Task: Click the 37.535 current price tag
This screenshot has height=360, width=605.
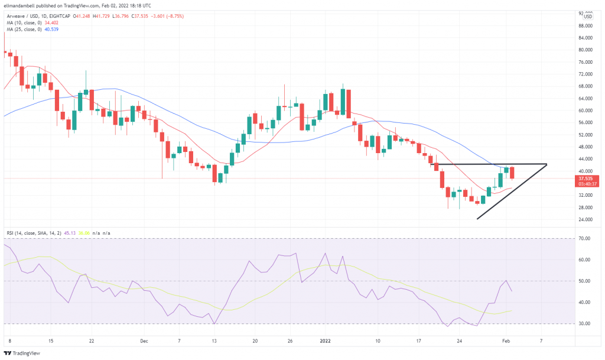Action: pos(585,178)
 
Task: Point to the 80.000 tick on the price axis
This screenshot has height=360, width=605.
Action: pos(585,50)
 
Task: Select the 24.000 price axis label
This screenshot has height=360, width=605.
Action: pos(585,219)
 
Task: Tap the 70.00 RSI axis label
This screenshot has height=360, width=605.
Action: pos(585,238)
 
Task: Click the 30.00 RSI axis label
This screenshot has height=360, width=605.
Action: pos(585,324)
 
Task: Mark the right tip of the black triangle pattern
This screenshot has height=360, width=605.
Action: pos(547,164)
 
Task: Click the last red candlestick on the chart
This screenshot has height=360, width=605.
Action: pos(512,172)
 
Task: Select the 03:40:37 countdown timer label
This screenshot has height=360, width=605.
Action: pos(585,184)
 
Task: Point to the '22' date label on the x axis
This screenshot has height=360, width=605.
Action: pos(91,341)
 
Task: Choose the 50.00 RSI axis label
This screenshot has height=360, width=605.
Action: pos(585,281)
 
